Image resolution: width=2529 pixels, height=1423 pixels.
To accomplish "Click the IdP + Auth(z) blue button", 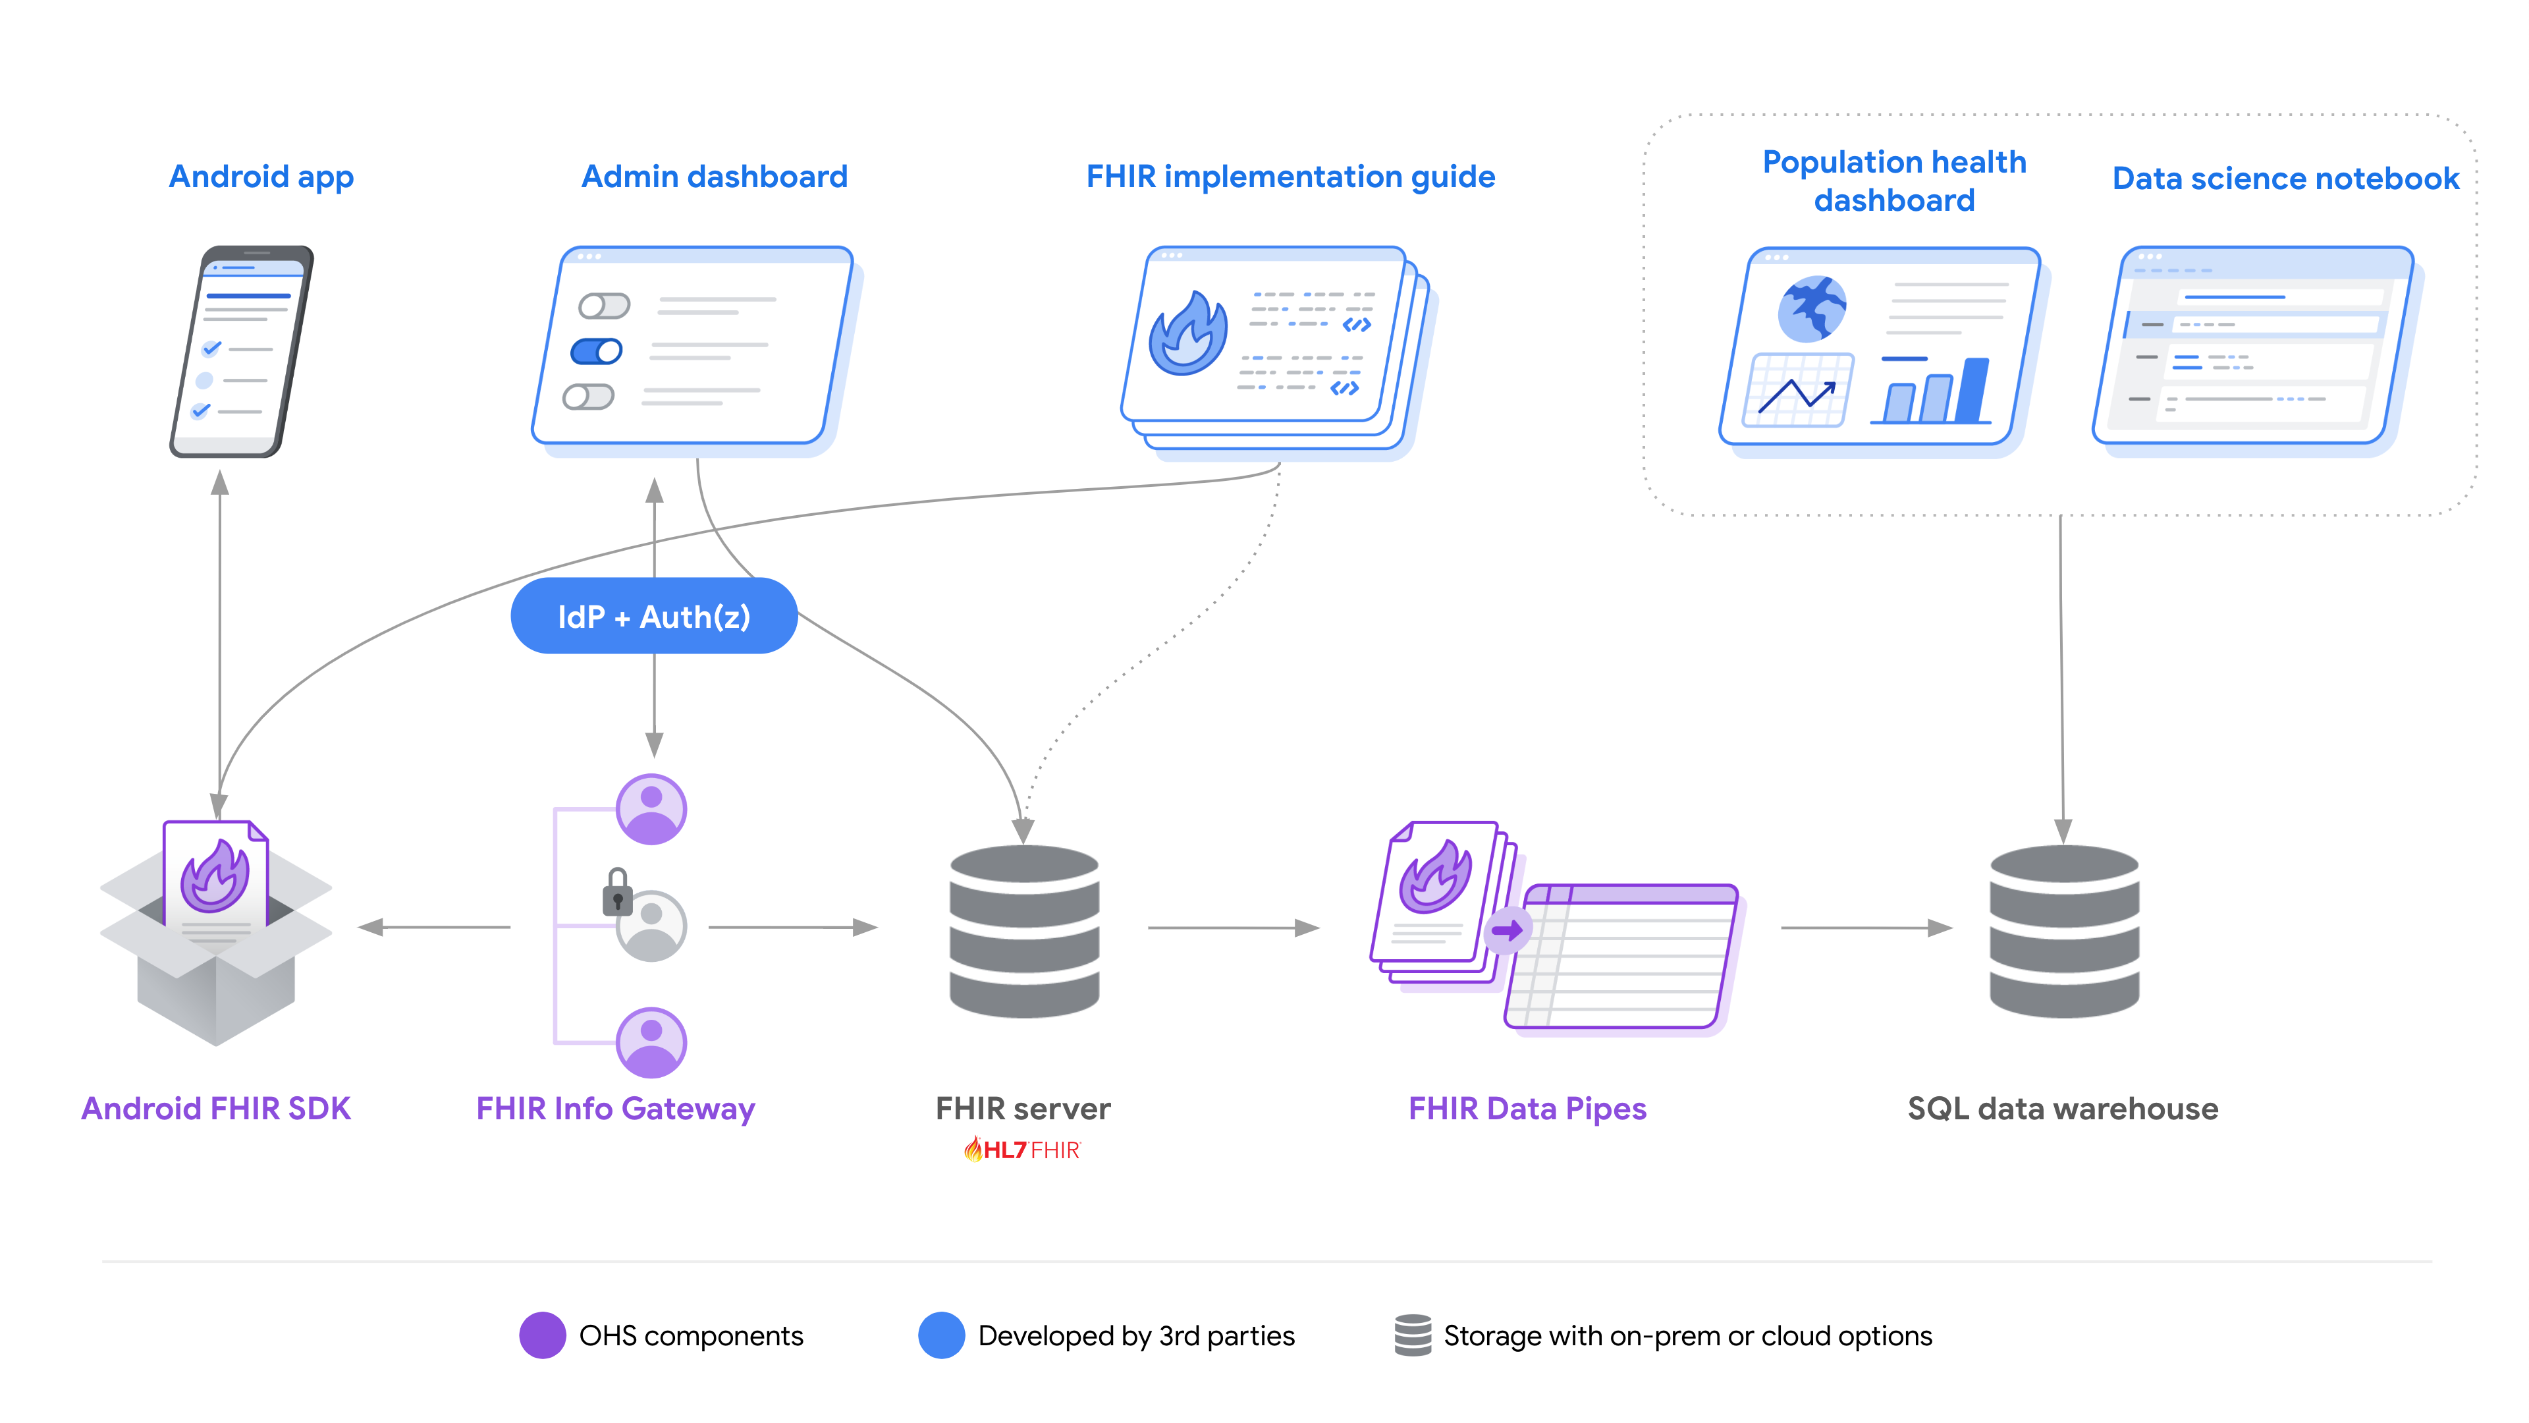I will tap(654, 616).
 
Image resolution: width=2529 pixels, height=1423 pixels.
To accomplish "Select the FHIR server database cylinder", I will tap(1024, 930).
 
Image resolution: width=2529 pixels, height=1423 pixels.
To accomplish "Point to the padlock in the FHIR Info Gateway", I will tap(616, 892).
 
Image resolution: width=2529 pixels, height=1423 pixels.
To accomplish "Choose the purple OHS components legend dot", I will tap(542, 1335).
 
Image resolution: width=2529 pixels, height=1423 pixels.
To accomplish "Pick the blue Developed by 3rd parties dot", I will tap(940, 1335).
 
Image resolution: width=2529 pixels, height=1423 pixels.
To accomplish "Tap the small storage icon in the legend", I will tap(1413, 1335).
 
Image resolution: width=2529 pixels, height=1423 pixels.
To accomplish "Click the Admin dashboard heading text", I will tap(714, 177).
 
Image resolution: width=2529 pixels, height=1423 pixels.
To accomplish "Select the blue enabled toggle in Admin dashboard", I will tap(596, 350).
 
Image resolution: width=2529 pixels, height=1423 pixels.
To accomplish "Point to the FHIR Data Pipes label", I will tap(1527, 1109).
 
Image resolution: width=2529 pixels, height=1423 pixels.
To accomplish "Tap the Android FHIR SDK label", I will tap(216, 1109).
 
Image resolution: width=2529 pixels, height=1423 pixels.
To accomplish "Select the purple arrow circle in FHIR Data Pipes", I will tap(1506, 929).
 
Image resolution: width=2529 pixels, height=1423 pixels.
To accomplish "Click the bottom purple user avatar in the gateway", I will tap(651, 1042).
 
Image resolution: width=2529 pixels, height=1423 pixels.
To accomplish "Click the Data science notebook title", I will tap(2285, 179).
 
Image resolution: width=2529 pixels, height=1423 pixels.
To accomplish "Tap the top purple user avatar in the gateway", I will tap(651, 809).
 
